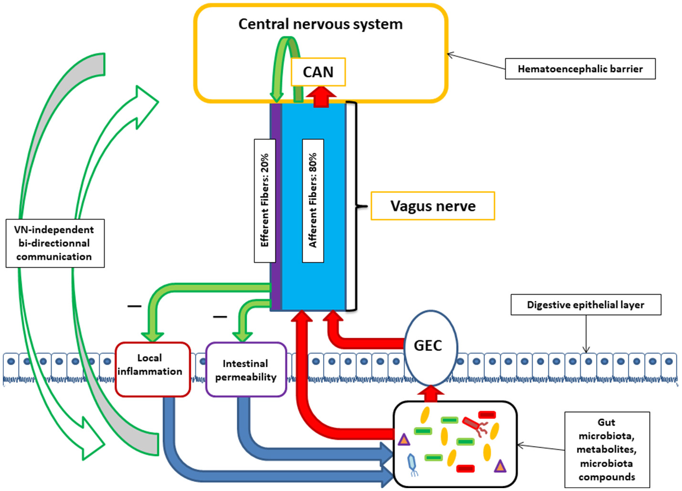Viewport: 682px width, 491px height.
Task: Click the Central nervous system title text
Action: [x=320, y=24]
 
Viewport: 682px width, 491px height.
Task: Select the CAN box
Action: [x=318, y=72]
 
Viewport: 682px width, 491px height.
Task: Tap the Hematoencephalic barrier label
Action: [x=580, y=69]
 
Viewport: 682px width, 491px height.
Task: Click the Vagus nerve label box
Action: [x=433, y=206]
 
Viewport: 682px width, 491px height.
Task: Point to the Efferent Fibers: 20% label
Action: [x=265, y=201]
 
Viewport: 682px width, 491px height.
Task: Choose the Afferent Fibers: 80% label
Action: [x=313, y=201]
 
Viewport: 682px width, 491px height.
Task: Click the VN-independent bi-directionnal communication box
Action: [x=54, y=243]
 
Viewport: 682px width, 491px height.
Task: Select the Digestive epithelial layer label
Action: [x=586, y=305]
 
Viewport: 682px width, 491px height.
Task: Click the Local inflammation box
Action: [x=152, y=369]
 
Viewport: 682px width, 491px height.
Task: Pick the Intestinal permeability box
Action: [x=246, y=370]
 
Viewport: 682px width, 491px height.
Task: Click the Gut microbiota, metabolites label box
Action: [x=607, y=449]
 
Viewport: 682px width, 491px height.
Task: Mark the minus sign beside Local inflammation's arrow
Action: [x=134, y=306]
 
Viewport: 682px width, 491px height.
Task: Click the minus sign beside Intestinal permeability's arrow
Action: [x=220, y=317]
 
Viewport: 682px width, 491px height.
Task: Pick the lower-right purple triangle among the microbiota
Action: [x=500, y=466]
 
